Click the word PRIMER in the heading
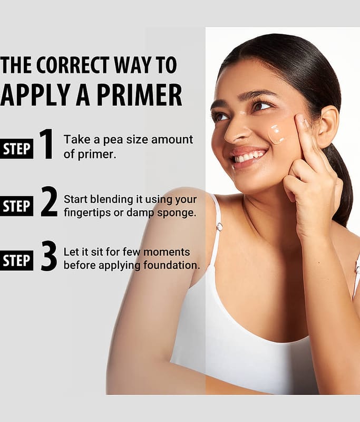(x=140, y=95)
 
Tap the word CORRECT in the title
(x=73, y=65)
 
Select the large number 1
(x=47, y=144)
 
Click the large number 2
(x=49, y=202)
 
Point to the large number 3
(x=49, y=256)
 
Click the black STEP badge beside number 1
(x=16, y=149)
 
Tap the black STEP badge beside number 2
(x=16, y=206)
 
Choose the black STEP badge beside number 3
(x=16, y=261)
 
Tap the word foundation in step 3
(x=171, y=265)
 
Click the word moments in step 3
(x=167, y=253)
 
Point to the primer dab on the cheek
(x=276, y=135)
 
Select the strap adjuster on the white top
(x=219, y=227)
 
